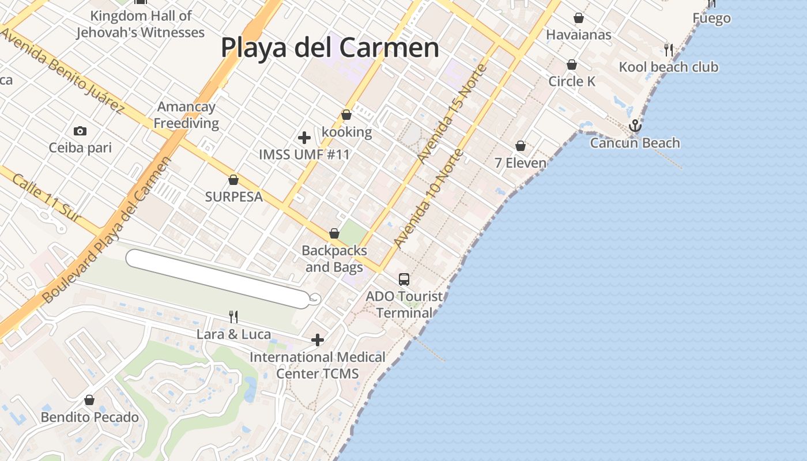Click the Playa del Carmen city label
click(330, 47)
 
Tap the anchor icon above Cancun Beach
click(635, 126)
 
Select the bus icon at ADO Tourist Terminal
click(404, 279)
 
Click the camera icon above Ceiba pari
click(80, 131)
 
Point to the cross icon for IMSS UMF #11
click(304, 138)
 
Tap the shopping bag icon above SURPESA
click(233, 180)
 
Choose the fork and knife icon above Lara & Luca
click(233, 316)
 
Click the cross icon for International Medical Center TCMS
click(317, 340)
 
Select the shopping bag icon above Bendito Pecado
click(89, 400)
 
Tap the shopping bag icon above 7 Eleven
click(521, 146)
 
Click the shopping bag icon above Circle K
click(572, 65)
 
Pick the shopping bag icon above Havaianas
click(579, 18)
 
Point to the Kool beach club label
click(669, 67)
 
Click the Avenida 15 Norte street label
click(452, 114)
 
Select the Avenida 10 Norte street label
click(428, 199)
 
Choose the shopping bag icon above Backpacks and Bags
click(334, 234)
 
